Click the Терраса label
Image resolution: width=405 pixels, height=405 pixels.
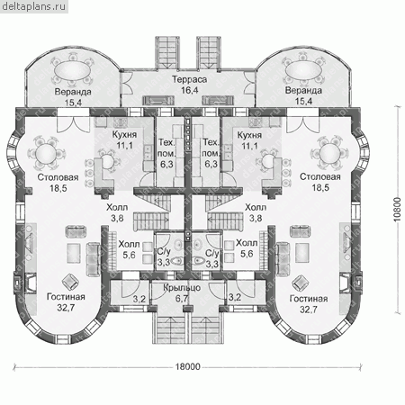coord(189,79)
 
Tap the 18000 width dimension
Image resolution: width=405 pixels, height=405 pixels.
coord(187,366)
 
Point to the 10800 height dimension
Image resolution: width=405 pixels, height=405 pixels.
coord(397,210)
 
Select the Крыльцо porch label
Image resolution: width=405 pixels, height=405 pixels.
coord(182,288)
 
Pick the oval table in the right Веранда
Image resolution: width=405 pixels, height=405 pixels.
coord(303,70)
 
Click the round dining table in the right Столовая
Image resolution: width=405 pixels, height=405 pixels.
coord(329,153)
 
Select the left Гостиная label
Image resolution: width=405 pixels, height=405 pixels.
coord(66,297)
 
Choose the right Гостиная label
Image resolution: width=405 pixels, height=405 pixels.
coord(309,299)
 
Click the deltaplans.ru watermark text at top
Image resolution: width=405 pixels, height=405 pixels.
coord(33,6)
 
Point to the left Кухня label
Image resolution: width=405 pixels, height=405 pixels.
coord(124,134)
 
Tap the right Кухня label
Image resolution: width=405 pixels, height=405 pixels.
coord(249,135)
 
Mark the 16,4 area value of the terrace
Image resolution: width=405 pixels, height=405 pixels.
coord(189,90)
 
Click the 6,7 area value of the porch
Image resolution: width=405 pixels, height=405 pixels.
coord(182,298)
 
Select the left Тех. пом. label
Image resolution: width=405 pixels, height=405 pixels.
coord(166,148)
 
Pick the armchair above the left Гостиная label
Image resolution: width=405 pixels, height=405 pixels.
coord(70,282)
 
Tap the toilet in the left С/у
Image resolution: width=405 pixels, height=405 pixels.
coord(178,260)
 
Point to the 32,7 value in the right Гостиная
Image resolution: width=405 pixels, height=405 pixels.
coord(309,310)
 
